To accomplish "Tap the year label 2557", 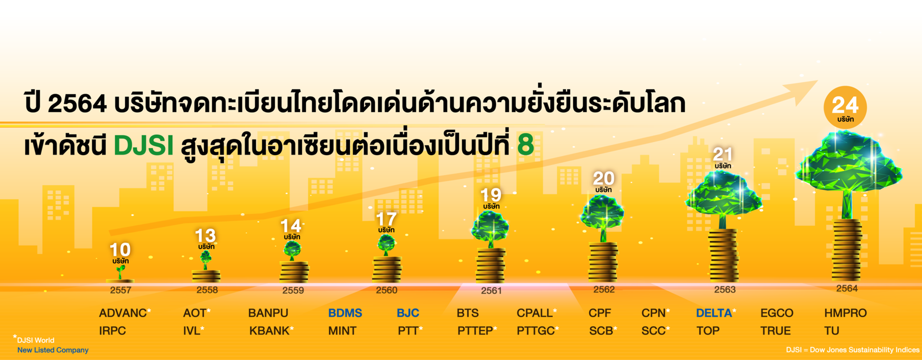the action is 121,290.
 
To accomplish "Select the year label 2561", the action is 491,290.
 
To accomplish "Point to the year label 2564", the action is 847,288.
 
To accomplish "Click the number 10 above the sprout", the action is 120,250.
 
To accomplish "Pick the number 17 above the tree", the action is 386,219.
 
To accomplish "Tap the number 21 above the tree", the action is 723,154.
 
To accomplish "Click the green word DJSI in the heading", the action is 144,145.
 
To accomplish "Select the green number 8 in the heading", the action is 526,144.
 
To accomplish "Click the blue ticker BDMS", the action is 345,313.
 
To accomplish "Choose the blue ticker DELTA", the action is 714,313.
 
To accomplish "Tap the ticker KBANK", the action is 269,331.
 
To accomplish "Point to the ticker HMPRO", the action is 846,313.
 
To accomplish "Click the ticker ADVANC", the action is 123,313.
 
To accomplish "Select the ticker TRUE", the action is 776,331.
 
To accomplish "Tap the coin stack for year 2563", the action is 724,255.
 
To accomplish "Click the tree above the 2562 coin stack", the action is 602,218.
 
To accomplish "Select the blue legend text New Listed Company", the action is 53,350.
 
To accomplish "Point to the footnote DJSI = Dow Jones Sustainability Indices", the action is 853,350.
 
